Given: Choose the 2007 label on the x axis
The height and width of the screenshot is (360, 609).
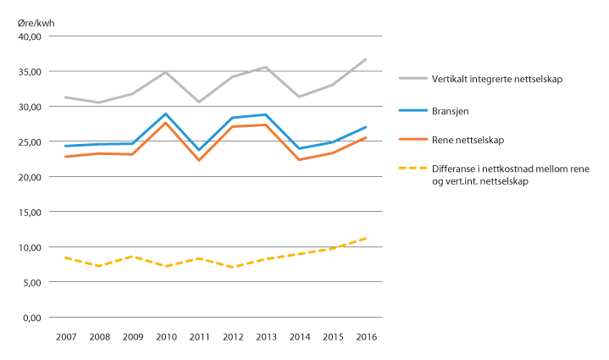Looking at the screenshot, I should pyautogui.click(x=66, y=336).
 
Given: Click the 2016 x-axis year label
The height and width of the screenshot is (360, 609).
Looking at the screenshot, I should pyautogui.click(x=365, y=336).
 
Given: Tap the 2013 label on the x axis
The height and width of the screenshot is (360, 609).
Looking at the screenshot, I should pyautogui.click(x=265, y=336).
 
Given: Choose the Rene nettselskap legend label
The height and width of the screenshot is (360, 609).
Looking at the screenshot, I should pyautogui.click(x=462, y=138).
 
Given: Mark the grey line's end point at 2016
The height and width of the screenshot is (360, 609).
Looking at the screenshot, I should pyautogui.click(x=365, y=59).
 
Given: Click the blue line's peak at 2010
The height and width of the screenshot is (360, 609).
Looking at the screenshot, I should pyautogui.click(x=165, y=114).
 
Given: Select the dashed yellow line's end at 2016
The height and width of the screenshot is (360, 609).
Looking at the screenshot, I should pyautogui.click(x=365, y=238).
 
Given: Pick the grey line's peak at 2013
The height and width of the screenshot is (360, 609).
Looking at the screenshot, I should pyautogui.click(x=265, y=67).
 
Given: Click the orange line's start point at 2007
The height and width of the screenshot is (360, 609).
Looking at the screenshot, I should pyautogui.click(x=66, y=157).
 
